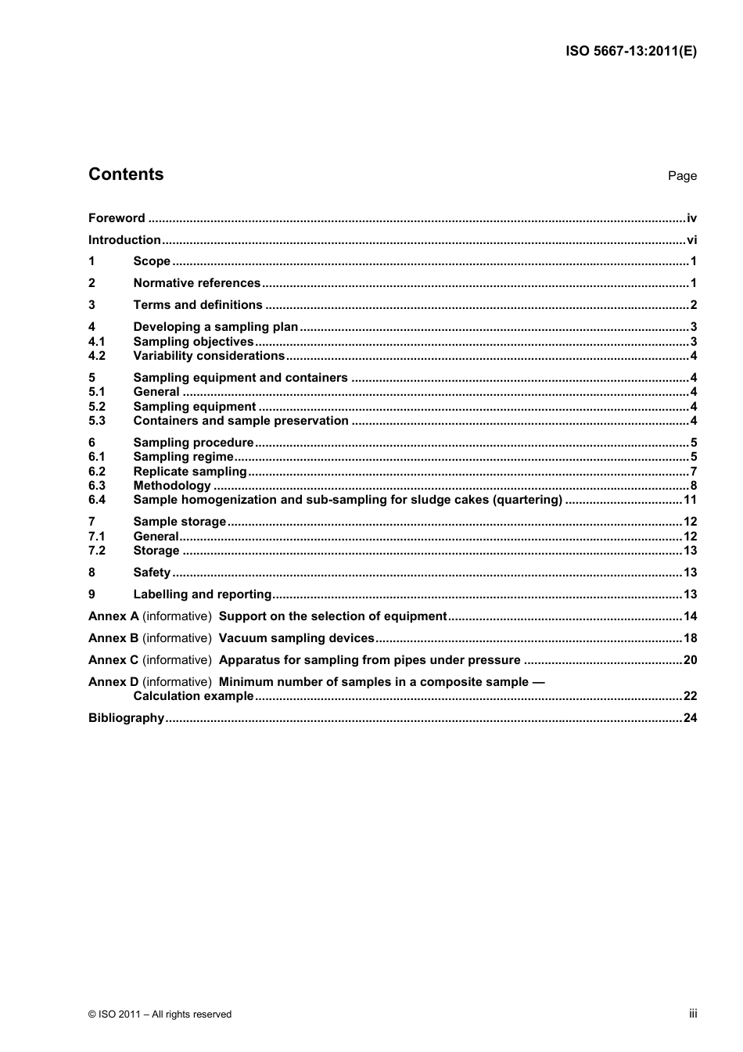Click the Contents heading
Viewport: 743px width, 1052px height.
pyautogui.click(x=126, y=174)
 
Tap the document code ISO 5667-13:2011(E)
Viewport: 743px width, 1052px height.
pyautogui.click(x=631, y=52)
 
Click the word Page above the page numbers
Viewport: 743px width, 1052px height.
pyautogui.click(x=682, y=176)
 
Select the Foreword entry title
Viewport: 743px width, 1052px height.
pyautogui.click(x=117, y=218)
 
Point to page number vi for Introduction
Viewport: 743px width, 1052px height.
pyautogui.click(x=691, y=240)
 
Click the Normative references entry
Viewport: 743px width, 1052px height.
pyautogui.click(x=196, y=283)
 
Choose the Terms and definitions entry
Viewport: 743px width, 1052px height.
pyautogui.click(x=198, y=305)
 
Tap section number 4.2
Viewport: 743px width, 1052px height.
pyautogui.click(x=96, y=356)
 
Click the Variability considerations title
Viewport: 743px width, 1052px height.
pyautogui.click(x=209, y=356)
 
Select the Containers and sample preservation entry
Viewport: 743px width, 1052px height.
pyautogui.click(x=241, y=421)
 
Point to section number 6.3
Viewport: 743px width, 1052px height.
pyautogui.click(x=96, y=486)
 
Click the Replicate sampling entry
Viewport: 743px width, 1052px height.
pyautogui.click(x=190, y=472)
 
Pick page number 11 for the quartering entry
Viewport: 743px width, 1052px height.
pyautogui.click(x=690, y=500)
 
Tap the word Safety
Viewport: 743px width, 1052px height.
pyautogui.click(x=152, y=573)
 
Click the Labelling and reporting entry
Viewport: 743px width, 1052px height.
pyautogui.click(x=203, y=594)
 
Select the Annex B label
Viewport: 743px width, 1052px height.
pyautogui.click(x=113, y=638)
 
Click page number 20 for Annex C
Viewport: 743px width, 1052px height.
pyautogui.click(x=690, y=660)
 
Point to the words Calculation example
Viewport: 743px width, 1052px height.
pyautogui.click(x=193, y=696)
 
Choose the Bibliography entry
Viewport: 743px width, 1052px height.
pyautogui.click(x=126, y=718)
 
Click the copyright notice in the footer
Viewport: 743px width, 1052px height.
pyautogui.click(x=160, y=1014)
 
